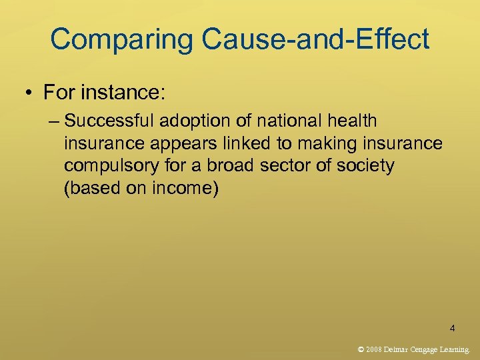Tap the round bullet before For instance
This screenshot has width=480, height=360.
tap(31, 93)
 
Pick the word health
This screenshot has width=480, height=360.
tap(351, 121)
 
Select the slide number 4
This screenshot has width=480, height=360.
tap(453, 328)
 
